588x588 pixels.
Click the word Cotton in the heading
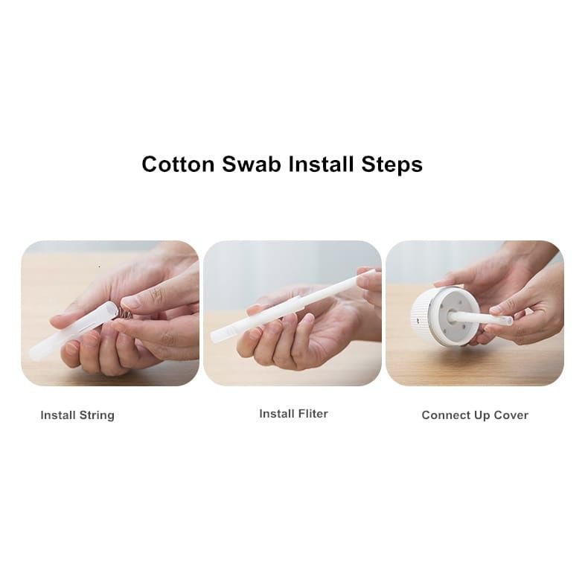[178, 164]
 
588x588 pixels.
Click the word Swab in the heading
[252, 164]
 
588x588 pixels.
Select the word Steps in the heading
[392, 165]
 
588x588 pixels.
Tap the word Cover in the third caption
[511, 415]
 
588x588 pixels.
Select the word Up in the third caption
[482, 415]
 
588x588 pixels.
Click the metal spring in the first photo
[123, 312]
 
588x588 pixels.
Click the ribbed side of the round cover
[420, 317]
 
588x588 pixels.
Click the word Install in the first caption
[58, 415]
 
